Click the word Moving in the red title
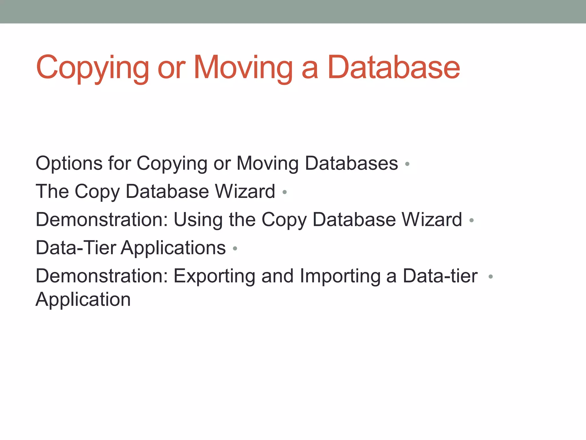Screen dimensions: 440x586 click(x=243, y=68)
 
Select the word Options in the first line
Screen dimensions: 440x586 click(x=69, y=164)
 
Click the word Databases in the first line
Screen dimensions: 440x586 click(x=352, y=164)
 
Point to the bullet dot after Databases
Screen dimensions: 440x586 click(x=407, y=164)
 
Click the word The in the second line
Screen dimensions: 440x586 click(x=52, y=191)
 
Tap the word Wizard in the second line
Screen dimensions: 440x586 click(x=245, y=191)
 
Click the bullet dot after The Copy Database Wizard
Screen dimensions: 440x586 click(x=284, y=192)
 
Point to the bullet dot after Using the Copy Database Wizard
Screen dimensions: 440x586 click(x=472, y=220)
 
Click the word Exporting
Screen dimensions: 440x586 click(x=214, y=276)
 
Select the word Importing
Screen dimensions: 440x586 click(x=340, y=276)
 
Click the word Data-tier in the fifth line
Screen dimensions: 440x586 click(x=440, y=276)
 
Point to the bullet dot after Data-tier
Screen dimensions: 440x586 click(x=490, y=277)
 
